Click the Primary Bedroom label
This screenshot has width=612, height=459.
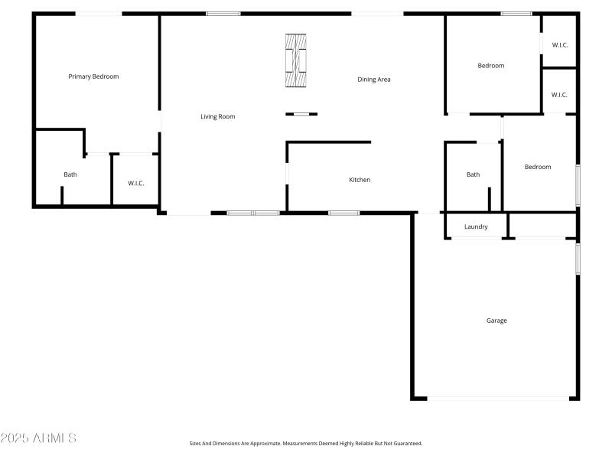(x=93, y=76)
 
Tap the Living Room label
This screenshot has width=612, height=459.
(x=218, y=117)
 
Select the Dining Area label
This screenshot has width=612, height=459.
(x=374, y=80)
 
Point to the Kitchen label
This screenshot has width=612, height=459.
(x=360, y=180)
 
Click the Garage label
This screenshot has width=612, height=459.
(x=496, y=321)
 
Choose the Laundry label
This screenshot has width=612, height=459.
(x=476, y=226)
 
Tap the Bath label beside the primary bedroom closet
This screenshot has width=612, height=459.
(x=70, y=174)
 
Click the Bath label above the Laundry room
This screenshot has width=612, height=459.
(x=474, y=174)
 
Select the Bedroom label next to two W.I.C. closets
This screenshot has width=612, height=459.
(x=491, y=66)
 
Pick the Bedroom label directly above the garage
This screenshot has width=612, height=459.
(x=537, y=167)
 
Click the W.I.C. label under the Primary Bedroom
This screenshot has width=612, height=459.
(x=136, y=183)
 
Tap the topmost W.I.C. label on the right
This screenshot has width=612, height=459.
(x=559, y=45)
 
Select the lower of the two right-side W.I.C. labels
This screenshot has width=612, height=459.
(x=559, y=95)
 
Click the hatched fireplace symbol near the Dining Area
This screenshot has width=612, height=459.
(x=296, y=61)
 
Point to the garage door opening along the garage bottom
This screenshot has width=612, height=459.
(x=497, y=398)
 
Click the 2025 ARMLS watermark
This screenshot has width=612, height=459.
(x=38, y=438)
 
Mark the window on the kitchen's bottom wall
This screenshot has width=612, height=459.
(x=344, y=213)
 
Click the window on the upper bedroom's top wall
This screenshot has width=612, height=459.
(x=516, y=13)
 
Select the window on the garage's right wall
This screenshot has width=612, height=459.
(x=578, y=259)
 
